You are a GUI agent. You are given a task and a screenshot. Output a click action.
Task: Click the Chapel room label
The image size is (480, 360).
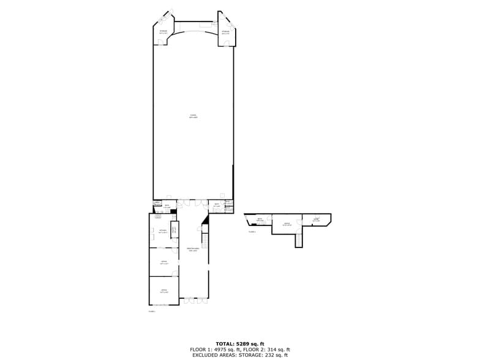tap(193, 116)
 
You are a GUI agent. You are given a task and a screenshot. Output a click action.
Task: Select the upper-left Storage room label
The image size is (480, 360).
tap(163, 32)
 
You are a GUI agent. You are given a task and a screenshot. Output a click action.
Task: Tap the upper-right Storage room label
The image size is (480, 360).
tap(226, 32)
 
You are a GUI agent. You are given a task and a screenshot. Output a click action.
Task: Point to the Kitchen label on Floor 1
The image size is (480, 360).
tap(163, 231)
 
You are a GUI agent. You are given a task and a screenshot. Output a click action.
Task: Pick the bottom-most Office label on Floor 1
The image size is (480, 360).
tap(163, 291)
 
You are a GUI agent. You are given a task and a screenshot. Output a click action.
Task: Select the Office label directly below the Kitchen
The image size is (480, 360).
tap(163, 262)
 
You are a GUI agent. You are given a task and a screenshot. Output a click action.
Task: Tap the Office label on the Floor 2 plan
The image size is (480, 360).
tap(287, 224)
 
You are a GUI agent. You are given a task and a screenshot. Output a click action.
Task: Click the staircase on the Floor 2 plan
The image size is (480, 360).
tap(299, 240)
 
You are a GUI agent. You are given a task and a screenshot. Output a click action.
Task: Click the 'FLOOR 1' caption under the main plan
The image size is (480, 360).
tap(152, 312)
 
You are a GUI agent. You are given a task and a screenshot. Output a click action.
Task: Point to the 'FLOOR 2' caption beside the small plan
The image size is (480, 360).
tap(252, 232)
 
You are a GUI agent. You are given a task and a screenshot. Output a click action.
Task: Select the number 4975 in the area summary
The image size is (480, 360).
tap(223, 349)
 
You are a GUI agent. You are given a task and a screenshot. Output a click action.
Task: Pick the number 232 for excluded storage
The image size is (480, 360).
tap(269, 354)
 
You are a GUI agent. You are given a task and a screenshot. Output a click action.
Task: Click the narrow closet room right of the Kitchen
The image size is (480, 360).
tap(174, 230)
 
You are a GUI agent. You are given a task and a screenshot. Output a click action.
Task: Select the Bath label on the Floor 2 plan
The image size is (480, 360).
tap(260, 219)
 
